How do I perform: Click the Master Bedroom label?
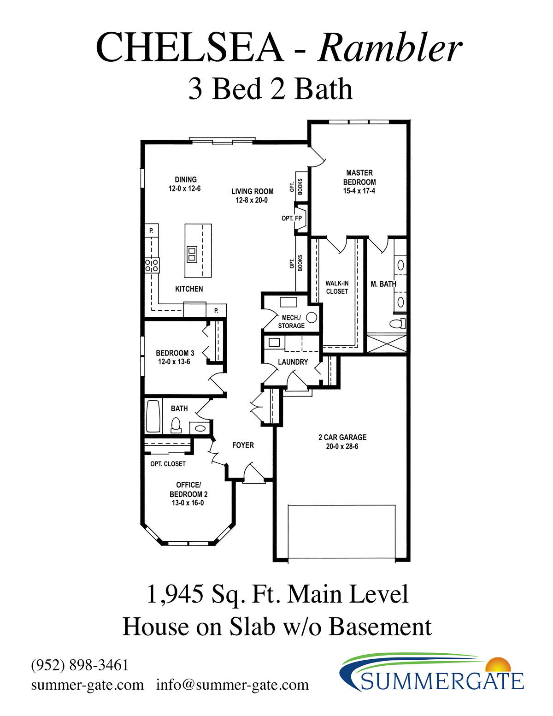(359, 182)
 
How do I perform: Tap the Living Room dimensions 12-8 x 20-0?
(252, 200)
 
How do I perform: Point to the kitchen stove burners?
(152, 266)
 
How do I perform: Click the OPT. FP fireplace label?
(292, 218)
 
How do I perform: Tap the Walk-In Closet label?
(337, 287)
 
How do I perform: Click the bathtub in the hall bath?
(153, 416)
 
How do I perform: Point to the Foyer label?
(243, 445)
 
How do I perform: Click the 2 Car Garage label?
(342, 442)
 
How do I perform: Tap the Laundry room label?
(293, 362)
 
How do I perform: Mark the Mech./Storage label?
(291, 322)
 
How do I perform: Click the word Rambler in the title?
(390, 47)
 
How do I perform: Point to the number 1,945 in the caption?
(175, 594)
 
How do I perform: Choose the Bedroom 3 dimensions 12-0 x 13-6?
(174, 362)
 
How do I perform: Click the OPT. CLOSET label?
(168, 464)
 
